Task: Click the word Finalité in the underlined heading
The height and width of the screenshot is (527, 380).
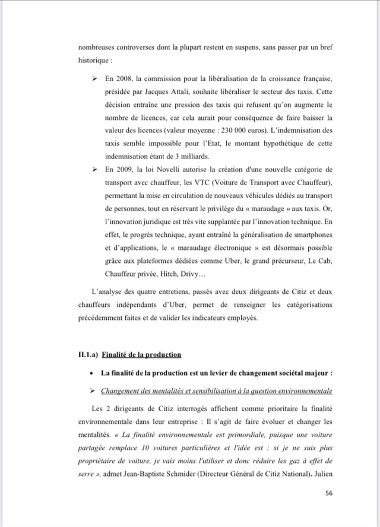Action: point(116,355)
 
